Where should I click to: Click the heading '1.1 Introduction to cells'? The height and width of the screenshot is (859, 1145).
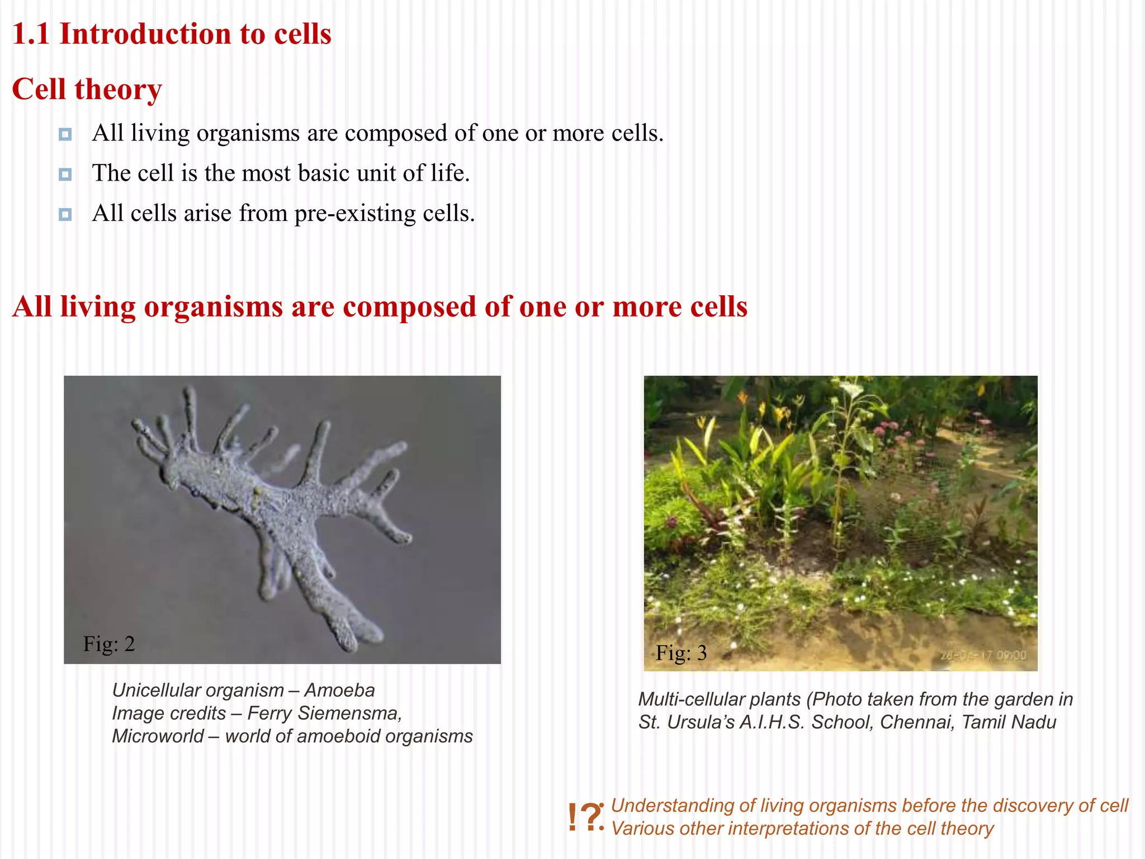pos(172,34)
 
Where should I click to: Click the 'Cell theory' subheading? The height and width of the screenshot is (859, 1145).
pos(87,89)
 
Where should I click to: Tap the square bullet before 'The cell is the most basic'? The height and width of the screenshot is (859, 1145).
pos(65,174)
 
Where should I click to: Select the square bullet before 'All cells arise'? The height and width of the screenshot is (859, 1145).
pos(65,215)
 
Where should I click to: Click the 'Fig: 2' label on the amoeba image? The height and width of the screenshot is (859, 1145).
pos(109,644)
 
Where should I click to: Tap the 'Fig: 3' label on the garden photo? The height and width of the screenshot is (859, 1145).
pos(681,653)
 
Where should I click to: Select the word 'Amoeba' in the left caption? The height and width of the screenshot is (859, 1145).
pos(339,690)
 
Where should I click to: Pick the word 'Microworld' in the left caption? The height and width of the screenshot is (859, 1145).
pos(158,736)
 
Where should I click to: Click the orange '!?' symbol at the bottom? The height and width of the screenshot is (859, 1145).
pos(585,818)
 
